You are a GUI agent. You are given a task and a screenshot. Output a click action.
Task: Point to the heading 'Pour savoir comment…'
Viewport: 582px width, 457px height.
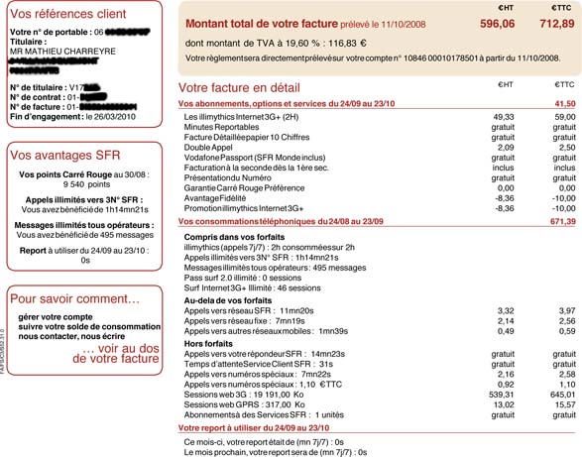pos(73,298)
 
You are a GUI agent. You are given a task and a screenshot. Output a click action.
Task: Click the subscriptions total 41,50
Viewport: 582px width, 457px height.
pos(564,103)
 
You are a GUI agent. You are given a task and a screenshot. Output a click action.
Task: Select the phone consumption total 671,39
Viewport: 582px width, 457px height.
pos(561,221)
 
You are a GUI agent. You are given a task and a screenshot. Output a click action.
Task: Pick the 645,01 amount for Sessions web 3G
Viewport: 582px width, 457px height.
pos(561,395)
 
